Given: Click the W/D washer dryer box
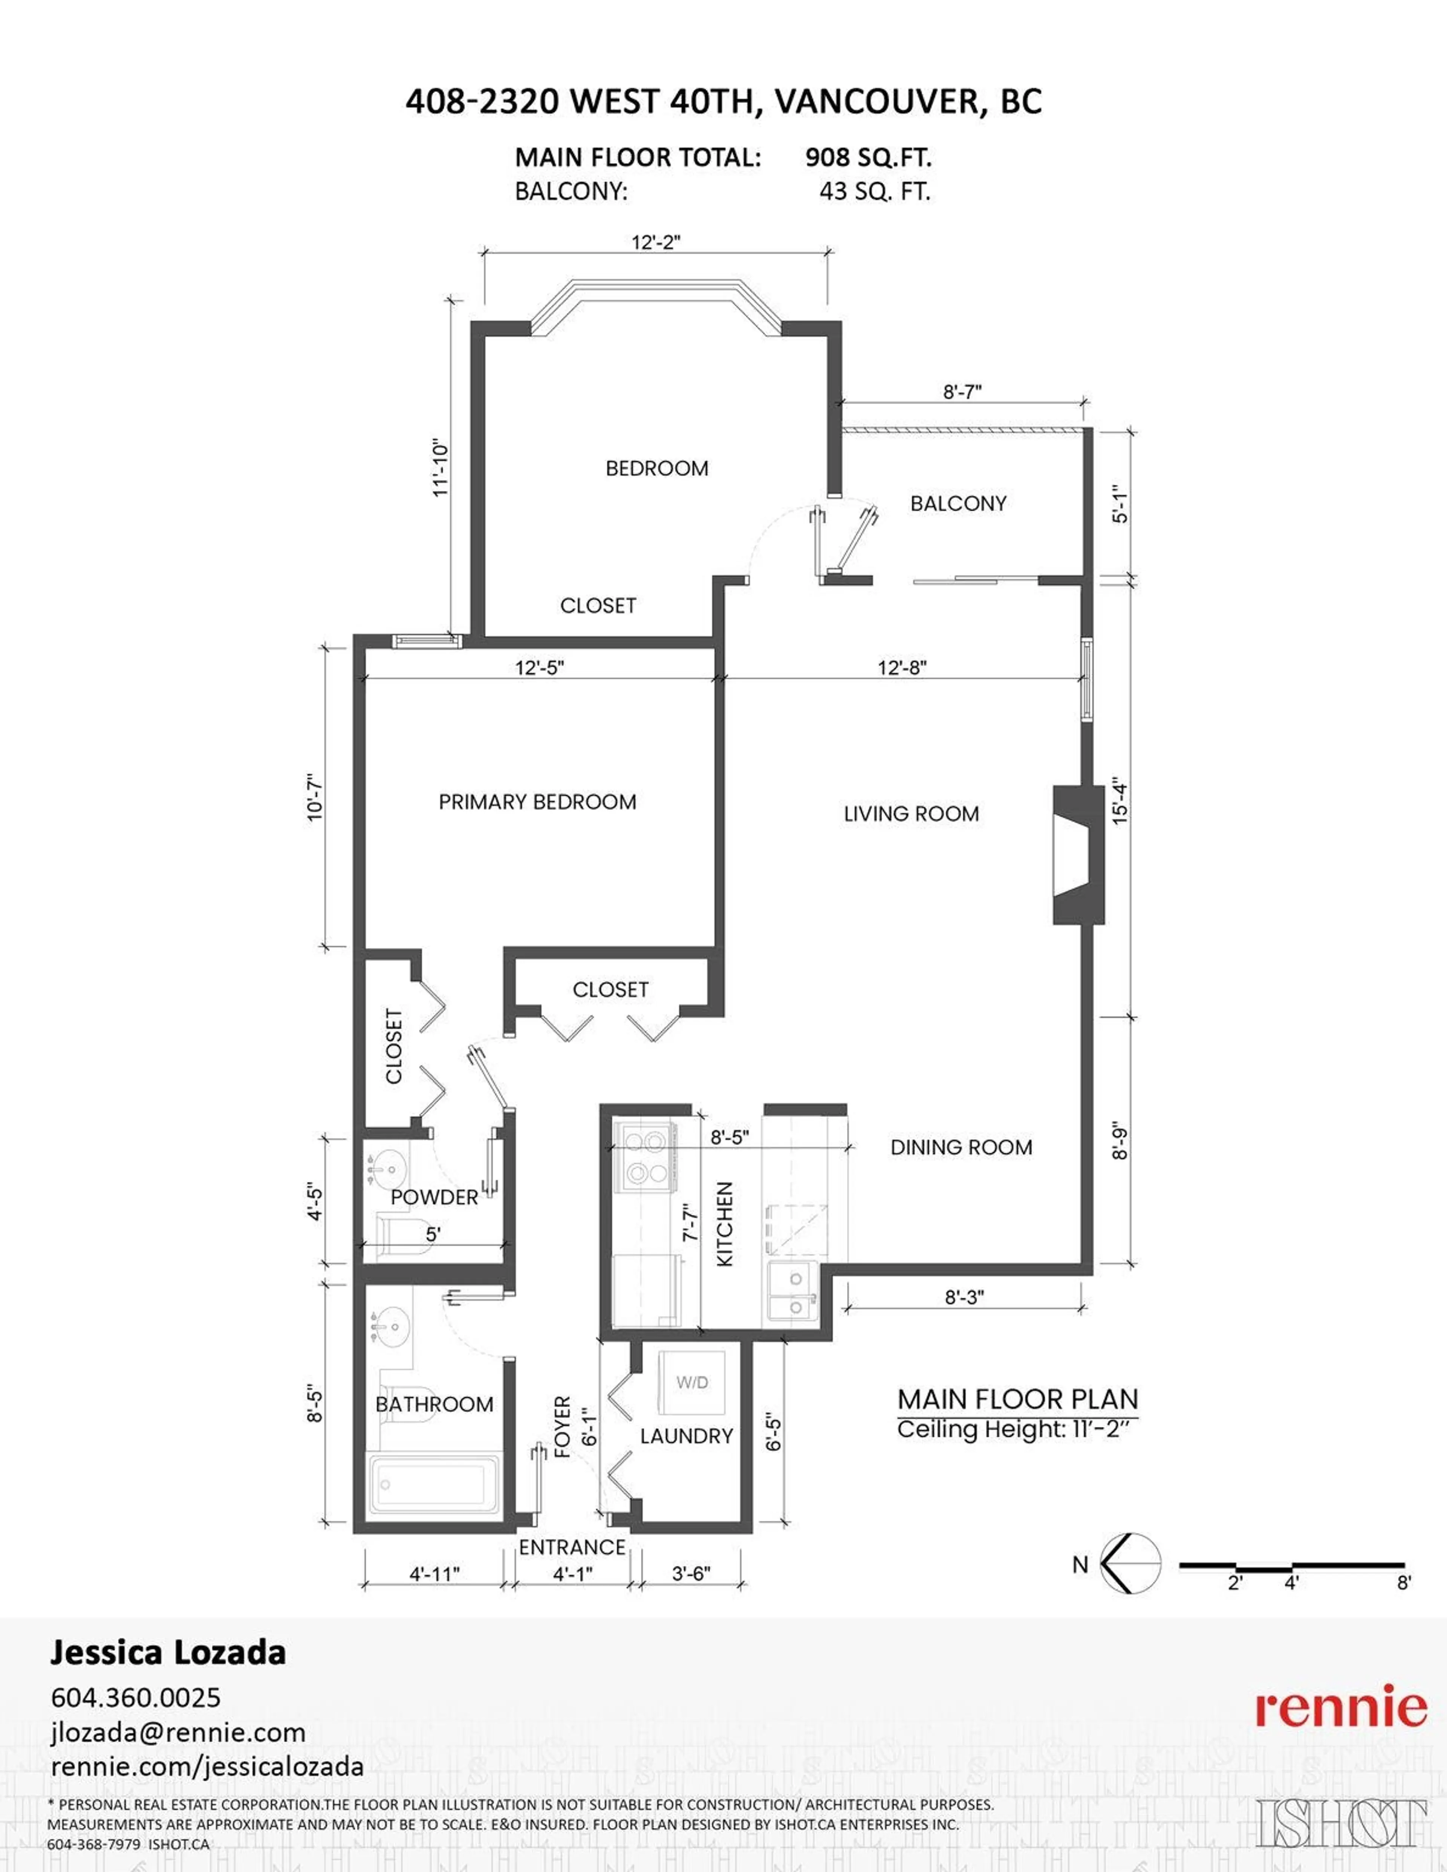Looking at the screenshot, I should (x=692, y=1383).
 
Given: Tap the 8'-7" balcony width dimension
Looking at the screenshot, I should (x=962, y=392).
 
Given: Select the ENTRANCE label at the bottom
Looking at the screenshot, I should (x=572, y=1547).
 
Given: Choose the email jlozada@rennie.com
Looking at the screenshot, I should (x=177, y=1732).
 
